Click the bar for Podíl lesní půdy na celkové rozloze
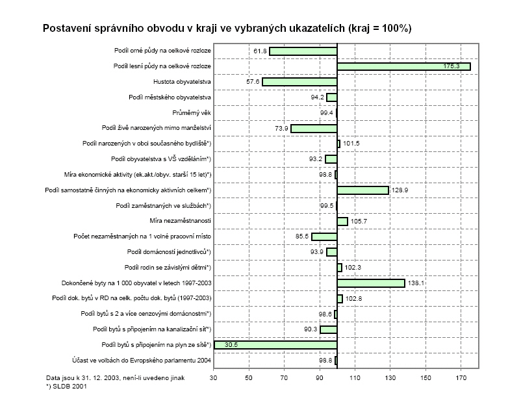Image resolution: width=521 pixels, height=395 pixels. coord(403,66)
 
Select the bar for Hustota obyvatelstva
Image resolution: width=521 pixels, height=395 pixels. coord(299,82)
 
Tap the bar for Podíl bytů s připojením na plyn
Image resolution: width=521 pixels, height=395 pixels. coord(275,344)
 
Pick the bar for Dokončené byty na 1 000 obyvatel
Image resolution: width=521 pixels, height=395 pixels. coord(371,283)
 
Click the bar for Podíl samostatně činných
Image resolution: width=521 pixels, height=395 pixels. coord(362,190)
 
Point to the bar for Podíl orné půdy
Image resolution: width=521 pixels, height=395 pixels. coord(303,51)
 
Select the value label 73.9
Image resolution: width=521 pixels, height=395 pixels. coord(281,129)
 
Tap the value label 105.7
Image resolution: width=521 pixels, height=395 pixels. coord(359,222)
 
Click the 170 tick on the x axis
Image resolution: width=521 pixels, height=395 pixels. coord(461,377)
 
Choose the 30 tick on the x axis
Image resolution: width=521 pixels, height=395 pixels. coord(214,377)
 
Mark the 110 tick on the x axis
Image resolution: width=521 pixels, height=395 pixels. coord(355,377)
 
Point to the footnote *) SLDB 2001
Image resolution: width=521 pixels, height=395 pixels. coord(67,386)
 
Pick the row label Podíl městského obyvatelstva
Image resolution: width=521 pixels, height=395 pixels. coord(170,97)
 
